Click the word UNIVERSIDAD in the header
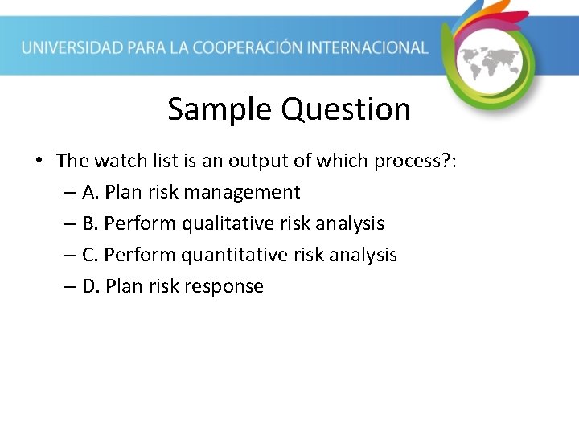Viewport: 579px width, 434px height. click(x=71, y=47)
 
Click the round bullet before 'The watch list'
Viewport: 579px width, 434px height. click(x=39, y=161)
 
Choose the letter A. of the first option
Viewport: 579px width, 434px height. click(x=90, y=192)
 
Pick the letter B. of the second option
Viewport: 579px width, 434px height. click(x=90, y=223)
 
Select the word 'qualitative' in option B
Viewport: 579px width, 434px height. click(x=227, y=223)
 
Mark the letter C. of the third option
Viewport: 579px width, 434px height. click(x=90, y=255)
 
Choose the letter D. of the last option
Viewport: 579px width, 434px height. click(x=91, y=286)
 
